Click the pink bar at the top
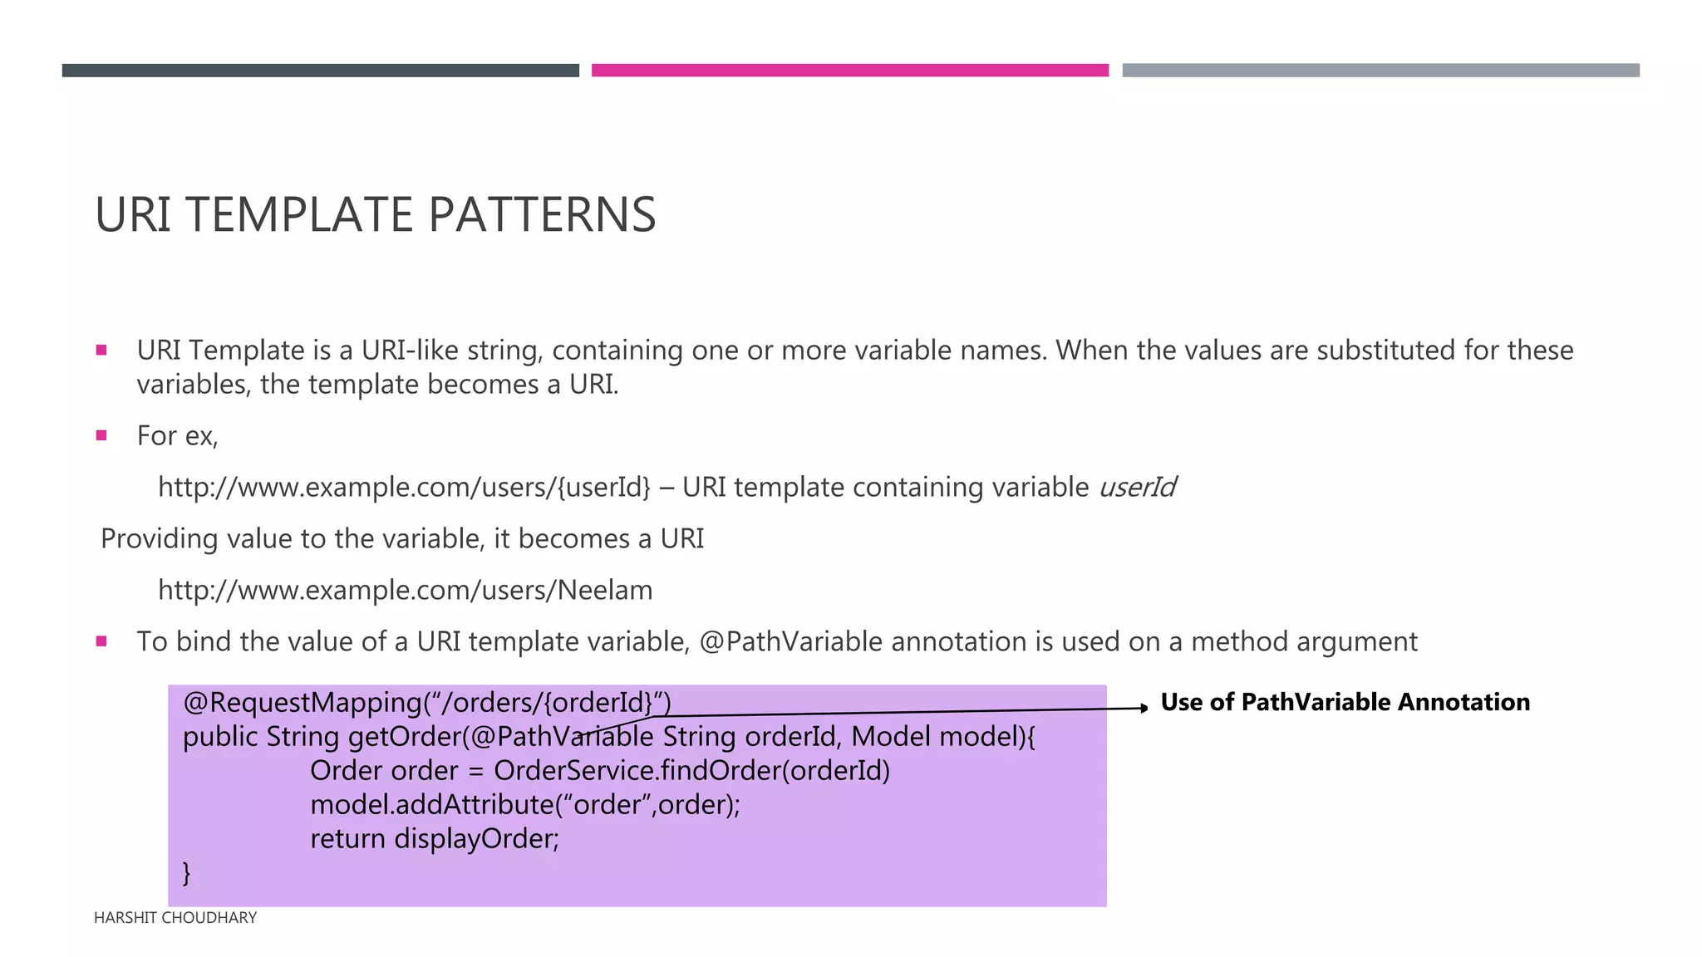849,71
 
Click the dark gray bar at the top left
320,71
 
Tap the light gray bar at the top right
1380,71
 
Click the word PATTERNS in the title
542,215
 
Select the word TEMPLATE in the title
299,215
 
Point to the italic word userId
1137,488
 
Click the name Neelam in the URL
605,591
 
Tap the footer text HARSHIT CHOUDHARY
175,918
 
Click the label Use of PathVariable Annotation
1345,703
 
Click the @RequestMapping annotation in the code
303,703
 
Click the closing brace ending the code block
187,873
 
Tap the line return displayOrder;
435,839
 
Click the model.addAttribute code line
524,805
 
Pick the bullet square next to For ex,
101,435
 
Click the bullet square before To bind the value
101,641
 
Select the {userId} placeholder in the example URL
603,488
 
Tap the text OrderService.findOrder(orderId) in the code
691,771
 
